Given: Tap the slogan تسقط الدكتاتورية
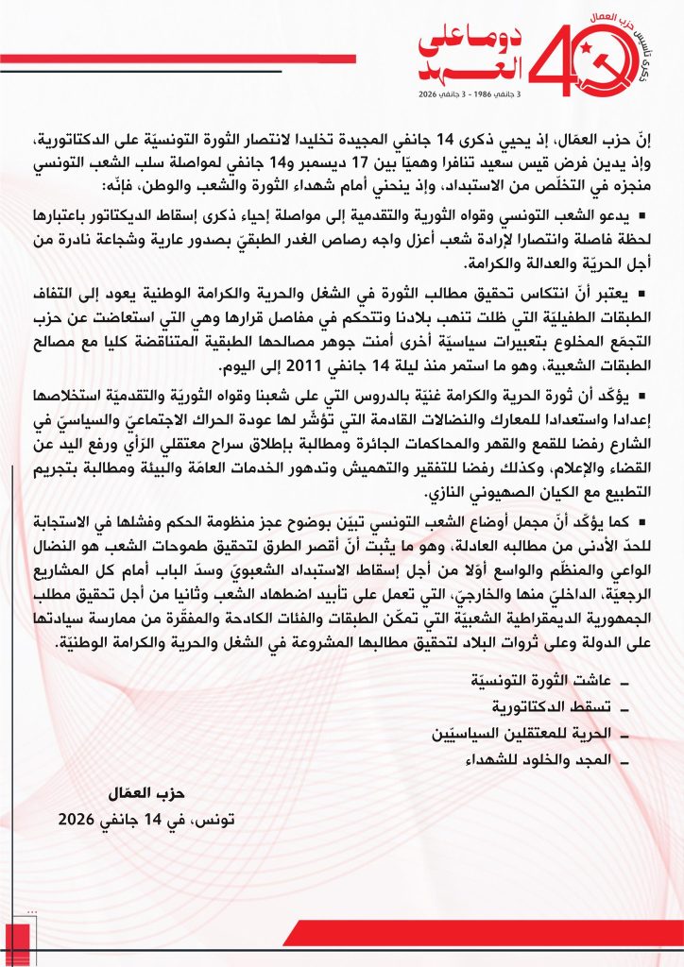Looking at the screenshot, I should (x=550, y=705).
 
